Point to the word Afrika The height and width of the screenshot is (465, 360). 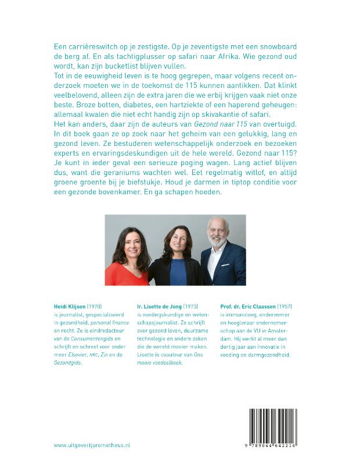coord(221,55)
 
